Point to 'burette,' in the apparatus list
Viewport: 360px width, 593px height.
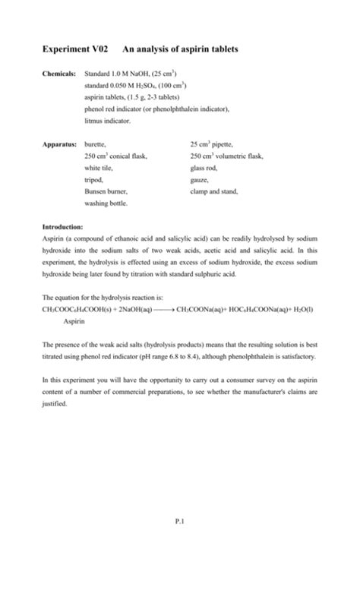(x=96, y=144)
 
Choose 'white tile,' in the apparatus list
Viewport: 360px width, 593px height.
(x=98, y=168)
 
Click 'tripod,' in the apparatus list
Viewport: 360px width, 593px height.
(x=94, y=180)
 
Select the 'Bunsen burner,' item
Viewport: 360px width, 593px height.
(x=106, y=191)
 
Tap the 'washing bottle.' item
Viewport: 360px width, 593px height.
(x=106, y=203)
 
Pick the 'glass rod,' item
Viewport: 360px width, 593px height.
(x=204, y=168)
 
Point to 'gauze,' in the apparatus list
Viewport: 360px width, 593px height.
(x=200, y=180)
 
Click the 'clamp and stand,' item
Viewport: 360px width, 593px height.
(x=213, y=191)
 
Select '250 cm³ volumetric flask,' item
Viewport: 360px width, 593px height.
(x=226, y=156)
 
